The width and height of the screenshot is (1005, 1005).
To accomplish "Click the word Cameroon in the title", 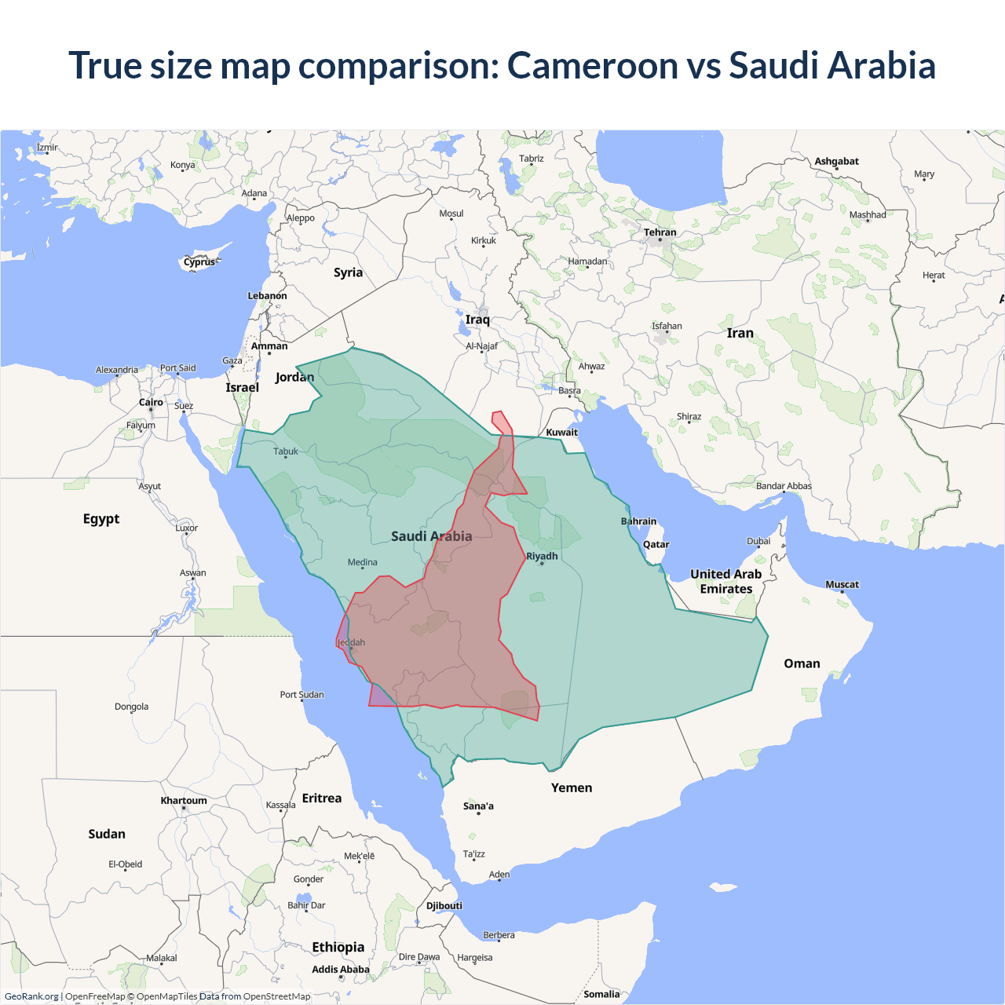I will [593, 65].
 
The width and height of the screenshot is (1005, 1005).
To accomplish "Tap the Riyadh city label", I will [542, 556].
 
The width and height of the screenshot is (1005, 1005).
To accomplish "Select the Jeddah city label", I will [352, 642].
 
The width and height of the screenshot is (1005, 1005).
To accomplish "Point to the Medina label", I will [362, 562].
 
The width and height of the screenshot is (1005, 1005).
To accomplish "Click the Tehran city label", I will [660, 232].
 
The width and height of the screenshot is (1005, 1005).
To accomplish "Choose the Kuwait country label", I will [561, 432].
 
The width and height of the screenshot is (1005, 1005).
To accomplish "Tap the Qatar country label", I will [656, 544].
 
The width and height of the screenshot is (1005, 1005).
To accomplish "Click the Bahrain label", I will [638, 521].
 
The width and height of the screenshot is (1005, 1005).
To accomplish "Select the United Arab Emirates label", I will [725, 581].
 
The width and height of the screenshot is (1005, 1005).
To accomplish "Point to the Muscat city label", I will [842, 584].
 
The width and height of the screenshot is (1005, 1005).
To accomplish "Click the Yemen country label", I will [571, 788].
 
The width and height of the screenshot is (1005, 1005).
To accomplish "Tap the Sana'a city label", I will [478, 806].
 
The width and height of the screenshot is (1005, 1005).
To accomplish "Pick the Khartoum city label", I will [184, 801].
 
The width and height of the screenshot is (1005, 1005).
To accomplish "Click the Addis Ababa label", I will [340, 969].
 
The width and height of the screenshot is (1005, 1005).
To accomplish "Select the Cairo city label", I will [151, 402].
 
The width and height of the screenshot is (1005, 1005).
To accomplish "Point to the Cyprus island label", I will [199, 262].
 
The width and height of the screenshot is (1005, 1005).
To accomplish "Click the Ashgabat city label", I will [836, 161].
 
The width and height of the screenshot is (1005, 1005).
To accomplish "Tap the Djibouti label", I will [444, 905].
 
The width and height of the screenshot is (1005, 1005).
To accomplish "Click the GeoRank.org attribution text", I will [31, 996].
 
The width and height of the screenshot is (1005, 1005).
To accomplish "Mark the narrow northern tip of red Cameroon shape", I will [497, 415].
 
